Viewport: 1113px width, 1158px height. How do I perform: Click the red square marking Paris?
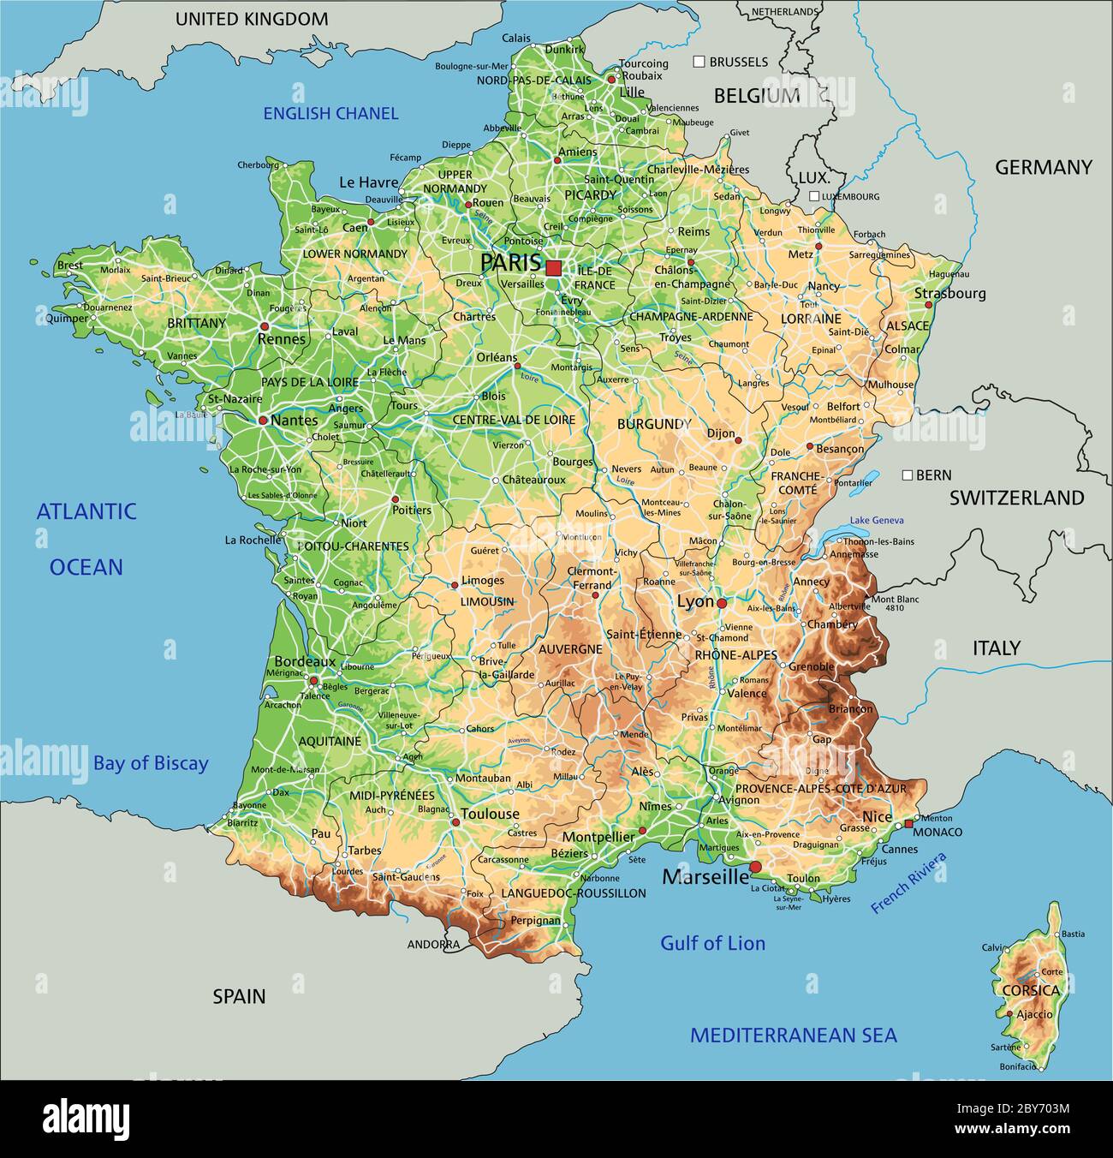(553, 267)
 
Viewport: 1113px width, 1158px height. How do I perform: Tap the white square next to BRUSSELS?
(699, 62)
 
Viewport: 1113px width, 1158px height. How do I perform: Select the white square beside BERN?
(907, 475)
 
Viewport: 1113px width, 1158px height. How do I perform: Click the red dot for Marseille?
(755, 867)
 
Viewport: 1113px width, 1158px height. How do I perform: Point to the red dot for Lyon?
(722, 603)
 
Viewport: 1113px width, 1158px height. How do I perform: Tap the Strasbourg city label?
(949, 293)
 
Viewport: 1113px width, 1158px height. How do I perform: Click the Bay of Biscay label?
(151, 763)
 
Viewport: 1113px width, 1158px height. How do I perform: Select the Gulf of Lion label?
(712, 943)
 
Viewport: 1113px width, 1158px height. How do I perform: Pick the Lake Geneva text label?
(877, 521)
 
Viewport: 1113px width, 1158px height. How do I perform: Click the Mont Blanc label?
(895, 599)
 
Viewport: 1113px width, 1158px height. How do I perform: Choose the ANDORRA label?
(432, 945)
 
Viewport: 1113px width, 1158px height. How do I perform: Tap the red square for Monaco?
(908, 823)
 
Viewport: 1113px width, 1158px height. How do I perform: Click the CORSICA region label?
(1030, 990)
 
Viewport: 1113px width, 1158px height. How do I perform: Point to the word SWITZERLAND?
(1016, 498)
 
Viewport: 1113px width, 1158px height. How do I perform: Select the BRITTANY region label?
(197, 323)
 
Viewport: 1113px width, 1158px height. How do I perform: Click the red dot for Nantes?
(263, 421)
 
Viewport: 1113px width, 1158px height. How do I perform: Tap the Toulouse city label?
(490, 814)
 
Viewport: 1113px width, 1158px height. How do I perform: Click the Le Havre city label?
(369, 182)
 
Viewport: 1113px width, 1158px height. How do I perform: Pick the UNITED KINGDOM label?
(251, 19)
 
